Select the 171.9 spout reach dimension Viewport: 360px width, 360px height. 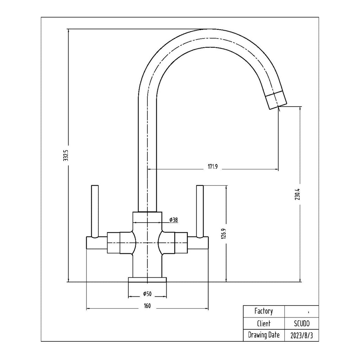pyautogui.click(x=213, y=167)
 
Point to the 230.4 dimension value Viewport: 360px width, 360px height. pyautogui.click(x=297, y=194)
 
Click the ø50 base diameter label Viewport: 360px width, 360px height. pyautogui.click(x=147, y=294)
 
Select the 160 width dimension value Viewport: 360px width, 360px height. pyautogui.click(x=147, y=306)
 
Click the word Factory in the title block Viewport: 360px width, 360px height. pyautogui.click(x=264, y=311)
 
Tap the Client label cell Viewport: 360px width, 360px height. pyautogui.click(x=264, y=323)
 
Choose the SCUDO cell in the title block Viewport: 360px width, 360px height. pyautogui.click(x=302, y=323)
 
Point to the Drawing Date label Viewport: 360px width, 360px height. pyautogui.click(x=264, y=335)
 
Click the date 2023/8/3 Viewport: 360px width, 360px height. pyautogui.click(x=301, y=336)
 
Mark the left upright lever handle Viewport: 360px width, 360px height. pyautogui.click(x=95, y=211)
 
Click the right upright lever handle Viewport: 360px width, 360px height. pyautogui.click(x=200, y=211)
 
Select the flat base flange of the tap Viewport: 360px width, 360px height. pyautogui.click(x=147, y=279)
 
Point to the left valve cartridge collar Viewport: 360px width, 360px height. pyautogui.click(x=114, y=243)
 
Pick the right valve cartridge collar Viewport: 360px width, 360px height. pyautogui.click(x=181, y=243)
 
